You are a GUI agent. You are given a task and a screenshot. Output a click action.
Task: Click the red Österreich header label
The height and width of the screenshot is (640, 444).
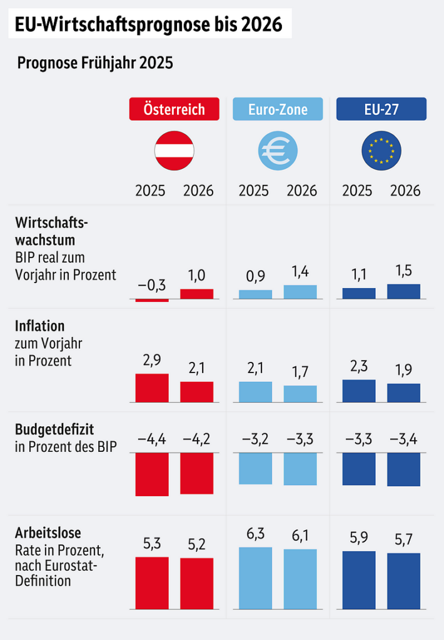coord(174,109)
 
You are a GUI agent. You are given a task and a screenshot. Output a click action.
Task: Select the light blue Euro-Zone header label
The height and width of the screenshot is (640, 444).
coord(278,109)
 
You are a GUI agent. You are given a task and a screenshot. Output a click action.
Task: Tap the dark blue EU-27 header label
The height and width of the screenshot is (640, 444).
coord(381,109)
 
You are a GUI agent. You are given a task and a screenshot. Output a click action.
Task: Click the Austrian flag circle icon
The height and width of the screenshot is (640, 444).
coord(174,151)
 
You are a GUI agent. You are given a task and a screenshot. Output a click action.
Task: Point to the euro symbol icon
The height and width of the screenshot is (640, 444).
coord(278,151)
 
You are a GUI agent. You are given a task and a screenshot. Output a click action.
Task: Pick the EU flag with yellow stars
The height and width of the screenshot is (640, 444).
coord(381,151)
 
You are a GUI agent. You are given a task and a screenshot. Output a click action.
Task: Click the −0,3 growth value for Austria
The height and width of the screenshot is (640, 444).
coord(152,286)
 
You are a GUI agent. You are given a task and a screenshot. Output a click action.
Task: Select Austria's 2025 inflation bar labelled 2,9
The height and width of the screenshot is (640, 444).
coord(152,388)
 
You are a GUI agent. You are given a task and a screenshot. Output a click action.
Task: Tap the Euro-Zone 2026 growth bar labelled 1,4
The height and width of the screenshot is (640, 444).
coord(300,292)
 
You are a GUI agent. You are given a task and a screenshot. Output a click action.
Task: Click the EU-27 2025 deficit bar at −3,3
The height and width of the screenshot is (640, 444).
coord(359,469)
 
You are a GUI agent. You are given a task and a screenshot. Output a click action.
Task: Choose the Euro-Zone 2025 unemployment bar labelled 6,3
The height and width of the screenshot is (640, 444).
coord(255,578)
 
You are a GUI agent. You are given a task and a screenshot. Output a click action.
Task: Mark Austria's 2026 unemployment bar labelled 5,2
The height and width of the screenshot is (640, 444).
coord(197,583)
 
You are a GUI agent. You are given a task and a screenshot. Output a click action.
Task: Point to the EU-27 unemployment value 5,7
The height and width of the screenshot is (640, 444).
coord(404,538)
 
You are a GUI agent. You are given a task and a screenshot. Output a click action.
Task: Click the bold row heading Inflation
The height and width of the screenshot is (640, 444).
coord(39,326)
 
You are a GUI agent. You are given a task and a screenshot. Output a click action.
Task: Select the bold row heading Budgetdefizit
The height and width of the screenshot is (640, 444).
coord(54,429)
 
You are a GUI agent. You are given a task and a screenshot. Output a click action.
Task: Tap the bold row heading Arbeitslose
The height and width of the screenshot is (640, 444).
coord(48,533)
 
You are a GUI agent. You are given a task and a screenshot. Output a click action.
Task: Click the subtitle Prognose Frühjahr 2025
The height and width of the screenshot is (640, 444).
coord(95,63)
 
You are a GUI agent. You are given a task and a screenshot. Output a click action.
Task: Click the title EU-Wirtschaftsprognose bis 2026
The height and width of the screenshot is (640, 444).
coord(148,24)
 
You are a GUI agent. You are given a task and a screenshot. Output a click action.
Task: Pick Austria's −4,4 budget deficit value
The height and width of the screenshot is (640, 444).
coord(152,439)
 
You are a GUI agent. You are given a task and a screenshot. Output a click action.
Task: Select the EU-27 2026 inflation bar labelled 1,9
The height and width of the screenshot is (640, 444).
coord(404,392)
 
